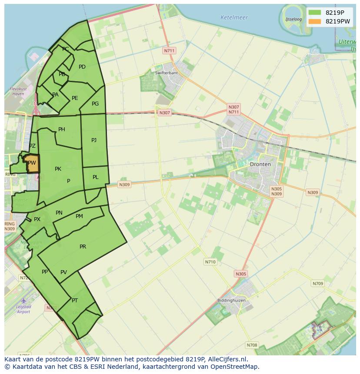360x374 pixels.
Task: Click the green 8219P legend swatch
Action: click(315, 12)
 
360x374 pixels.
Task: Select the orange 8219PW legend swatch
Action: click(315, 21)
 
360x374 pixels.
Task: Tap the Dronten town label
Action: click(260, 164)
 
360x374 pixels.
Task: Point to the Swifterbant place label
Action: click(167, 73)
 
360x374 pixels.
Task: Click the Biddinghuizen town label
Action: click(231, 301)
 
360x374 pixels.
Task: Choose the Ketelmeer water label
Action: click(234, 18)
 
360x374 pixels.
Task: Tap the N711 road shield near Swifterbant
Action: click(169, 51)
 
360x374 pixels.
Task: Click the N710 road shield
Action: click(210, 262)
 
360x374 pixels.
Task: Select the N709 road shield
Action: click(318, 284)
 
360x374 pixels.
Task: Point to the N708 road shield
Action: click(252, 345)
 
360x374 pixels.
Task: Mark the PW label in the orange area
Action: click(32, 163)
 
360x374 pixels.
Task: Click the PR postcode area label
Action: click(83, 247)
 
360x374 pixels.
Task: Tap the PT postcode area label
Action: click(75, 301)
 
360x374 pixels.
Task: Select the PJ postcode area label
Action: click(94, 140)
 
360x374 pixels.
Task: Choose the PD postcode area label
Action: click(82, 67)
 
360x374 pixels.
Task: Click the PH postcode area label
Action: click(62, 129)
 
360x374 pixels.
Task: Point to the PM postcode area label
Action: click(79, 216)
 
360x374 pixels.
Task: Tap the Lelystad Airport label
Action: click(23, 309)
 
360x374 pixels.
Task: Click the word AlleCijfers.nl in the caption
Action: click(227, 359)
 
